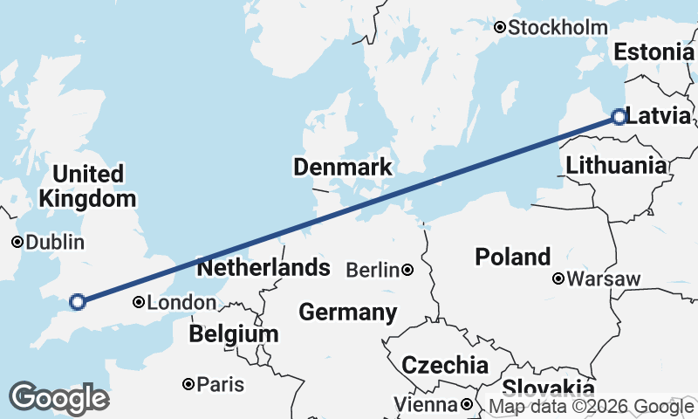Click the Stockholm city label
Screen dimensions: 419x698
click(558, 28)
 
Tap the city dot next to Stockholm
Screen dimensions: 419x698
click(500, 28)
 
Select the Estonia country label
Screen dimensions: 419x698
click(654, 52)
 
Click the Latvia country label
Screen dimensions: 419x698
click(659, 116)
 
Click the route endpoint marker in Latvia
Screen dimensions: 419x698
click(619, 116)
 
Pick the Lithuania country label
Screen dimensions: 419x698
click(616, 165)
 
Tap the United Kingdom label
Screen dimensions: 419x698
click(87, 186)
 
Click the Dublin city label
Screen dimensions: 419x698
click(55, 243)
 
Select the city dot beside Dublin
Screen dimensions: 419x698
click(17, 242)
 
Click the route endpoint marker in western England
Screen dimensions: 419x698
click(77, 302)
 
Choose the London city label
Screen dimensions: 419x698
click(181, 303)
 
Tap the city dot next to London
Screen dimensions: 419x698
click(139, 302)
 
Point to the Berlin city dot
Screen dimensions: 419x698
click(407, 271)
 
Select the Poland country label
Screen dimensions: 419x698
click(512, 258)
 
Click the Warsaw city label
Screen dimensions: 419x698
click(604, 280)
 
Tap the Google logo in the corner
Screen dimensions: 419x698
click(59, 398)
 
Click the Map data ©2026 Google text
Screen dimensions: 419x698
click(591, 406)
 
